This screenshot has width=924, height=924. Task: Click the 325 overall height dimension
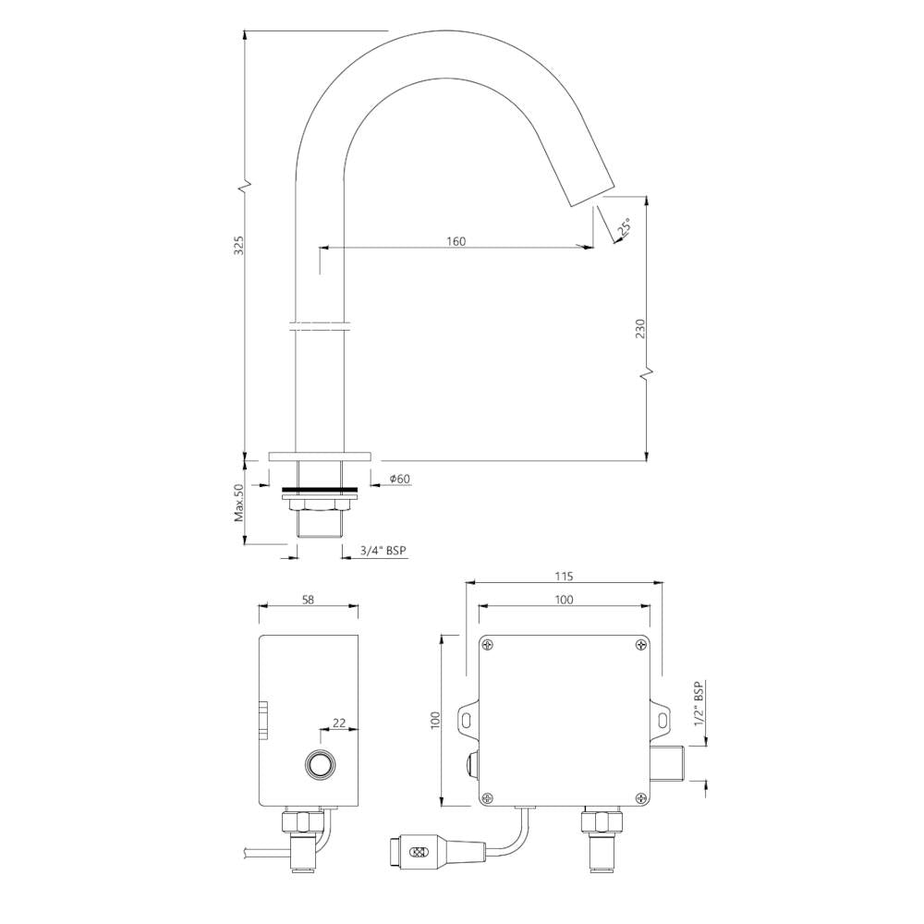coord(237,245)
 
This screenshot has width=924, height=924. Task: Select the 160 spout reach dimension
coord(456,241)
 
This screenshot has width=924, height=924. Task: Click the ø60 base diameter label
coord(400,479)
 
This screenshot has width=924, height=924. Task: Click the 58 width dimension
coord(309,599)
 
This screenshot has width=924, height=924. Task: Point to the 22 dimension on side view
coord(339,724)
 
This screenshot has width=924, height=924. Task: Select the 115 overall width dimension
coord(564,576)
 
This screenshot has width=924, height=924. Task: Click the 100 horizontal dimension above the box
coord(564,600)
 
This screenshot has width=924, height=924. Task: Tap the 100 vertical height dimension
coord(436,721)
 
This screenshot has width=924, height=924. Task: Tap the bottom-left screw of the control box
coord(489,798)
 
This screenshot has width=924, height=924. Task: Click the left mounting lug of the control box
coord(468,718)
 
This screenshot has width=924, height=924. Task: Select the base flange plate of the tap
coord(320,456)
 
